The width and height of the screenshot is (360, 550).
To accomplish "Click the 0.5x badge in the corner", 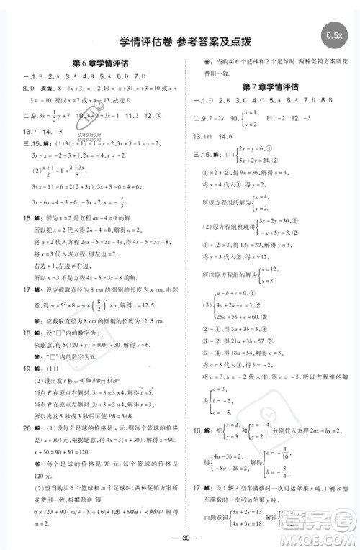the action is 333,35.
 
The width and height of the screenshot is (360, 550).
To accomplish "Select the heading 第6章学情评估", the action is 101,63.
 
